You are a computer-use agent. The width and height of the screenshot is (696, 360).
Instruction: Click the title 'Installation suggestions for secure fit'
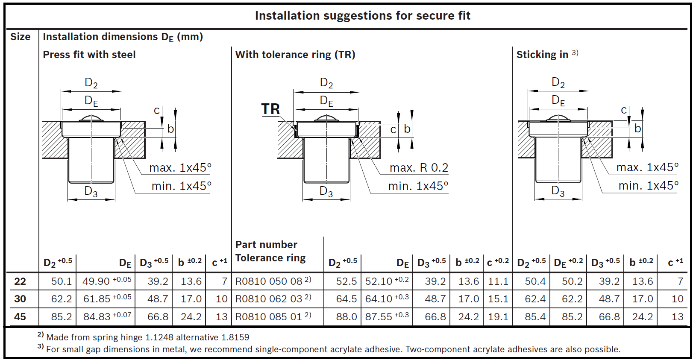(x=362, y=16)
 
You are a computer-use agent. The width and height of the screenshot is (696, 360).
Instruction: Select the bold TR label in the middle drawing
(x=270, y=109)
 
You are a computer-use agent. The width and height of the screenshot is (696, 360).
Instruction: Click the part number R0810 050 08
(x=269, y=281)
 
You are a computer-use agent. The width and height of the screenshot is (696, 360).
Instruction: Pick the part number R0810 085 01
(x=269, y=317)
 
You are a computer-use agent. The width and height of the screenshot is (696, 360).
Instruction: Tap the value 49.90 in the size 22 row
(x=96, y=281)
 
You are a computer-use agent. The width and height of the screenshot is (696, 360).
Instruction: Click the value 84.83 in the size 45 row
(x=97, y=317)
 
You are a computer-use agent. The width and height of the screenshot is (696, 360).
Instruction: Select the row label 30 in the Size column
(x=20, y=299)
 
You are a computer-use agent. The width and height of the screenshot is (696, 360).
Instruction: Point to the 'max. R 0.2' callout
(x=419, y=168)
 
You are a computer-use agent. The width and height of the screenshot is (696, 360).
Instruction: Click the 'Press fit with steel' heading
(x=89, y=55)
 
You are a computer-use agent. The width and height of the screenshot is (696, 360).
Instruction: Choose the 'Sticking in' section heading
(x=542, y=55)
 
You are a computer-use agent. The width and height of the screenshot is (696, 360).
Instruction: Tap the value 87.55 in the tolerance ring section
(x=379, y=317)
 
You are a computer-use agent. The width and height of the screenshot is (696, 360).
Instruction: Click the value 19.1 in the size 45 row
(x=498, y=317)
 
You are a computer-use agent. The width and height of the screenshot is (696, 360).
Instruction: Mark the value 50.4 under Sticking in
(x=535, y=281)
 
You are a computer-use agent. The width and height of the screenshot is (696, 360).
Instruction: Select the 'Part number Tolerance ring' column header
(x=270, y=251)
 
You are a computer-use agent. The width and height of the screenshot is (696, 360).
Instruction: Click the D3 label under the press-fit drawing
(x=91, y=191)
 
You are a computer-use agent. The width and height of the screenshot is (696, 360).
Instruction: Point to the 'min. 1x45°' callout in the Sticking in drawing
(x=648, y=186)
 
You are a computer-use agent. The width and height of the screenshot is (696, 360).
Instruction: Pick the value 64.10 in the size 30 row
(x=379, y=299)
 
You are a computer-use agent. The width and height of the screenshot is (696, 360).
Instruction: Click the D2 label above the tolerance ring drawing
(x=326, y=83)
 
